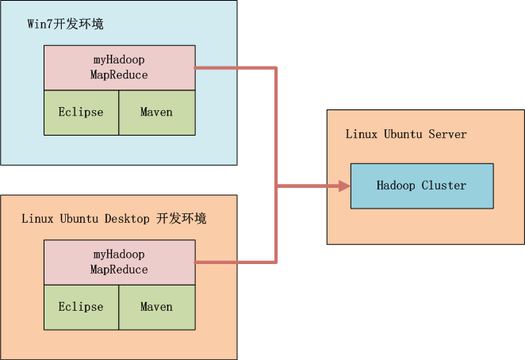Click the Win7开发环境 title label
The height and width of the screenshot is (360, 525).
click(65, 24)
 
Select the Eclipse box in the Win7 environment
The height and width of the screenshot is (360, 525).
click(82, 113)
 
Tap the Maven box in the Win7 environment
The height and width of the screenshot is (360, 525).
click(157, 113)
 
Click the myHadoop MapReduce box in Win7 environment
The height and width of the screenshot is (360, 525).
click(120, 67)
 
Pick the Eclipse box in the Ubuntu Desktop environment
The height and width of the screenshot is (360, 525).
click(82, 307)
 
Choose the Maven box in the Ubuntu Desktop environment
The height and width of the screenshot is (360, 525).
click(157, 307)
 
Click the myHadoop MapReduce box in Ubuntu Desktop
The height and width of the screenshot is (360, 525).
click(120, 262)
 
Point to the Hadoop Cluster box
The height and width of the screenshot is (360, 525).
click(422, 186)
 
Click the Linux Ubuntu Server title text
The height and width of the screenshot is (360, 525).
click(406, 134)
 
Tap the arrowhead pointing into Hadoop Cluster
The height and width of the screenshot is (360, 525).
click(344, 186)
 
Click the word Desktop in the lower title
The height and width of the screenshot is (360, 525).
click(127, 219)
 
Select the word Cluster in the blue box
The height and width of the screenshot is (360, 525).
click(443, 186)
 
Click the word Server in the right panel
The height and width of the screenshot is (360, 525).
click(447, 134)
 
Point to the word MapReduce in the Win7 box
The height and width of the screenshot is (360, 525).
click(119, 75)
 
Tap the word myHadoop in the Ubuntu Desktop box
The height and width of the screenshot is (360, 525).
click(119, 255)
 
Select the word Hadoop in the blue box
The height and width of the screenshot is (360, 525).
click(396, 186)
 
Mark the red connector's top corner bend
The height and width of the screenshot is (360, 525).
click(276, 68)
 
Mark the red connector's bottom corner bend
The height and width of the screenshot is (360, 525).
click(276, 262)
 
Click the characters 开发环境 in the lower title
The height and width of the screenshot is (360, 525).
click(181, 219)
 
